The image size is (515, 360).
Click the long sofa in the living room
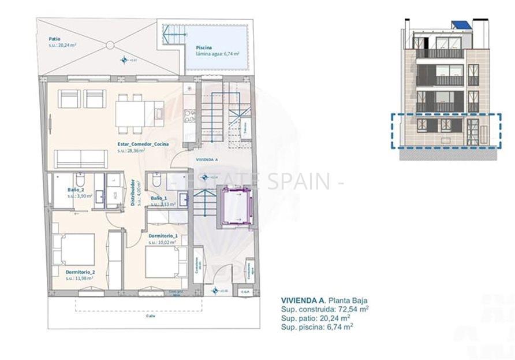tap(81, 159)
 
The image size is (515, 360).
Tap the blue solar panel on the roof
tap(460, 25)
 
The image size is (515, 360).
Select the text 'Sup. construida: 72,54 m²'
tap(324, 309)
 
